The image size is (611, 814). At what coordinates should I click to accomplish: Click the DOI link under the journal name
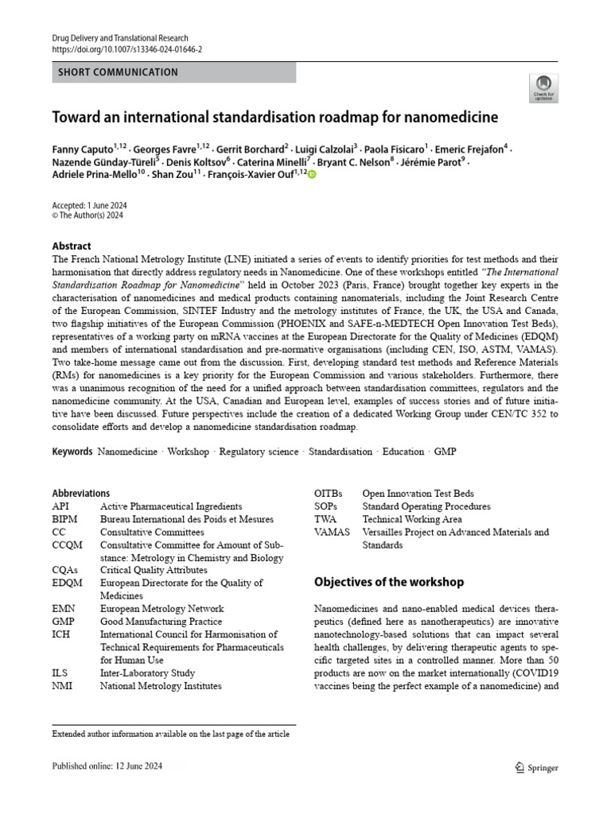coord(127,48)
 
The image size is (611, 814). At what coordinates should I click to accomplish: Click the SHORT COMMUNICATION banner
coord(118,72)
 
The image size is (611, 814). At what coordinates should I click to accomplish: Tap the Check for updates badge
coord(544,88)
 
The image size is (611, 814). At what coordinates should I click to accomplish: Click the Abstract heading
coord(72,246)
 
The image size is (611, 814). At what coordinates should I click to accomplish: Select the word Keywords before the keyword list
coord(72,452)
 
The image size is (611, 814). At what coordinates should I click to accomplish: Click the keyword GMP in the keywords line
coord(445,452)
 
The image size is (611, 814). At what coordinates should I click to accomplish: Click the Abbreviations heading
coord(81,493)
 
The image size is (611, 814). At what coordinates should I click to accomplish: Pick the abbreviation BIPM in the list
coord(66,519)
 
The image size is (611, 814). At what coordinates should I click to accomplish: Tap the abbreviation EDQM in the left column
coord(67,583)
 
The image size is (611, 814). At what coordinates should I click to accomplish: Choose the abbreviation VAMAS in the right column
coord(332,532)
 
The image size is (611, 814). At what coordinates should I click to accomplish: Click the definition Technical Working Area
coord(411,519)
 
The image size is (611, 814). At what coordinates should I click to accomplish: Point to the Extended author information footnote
coord(170,734)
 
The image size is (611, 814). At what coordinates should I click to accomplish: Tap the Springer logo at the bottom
coord(537,768)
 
